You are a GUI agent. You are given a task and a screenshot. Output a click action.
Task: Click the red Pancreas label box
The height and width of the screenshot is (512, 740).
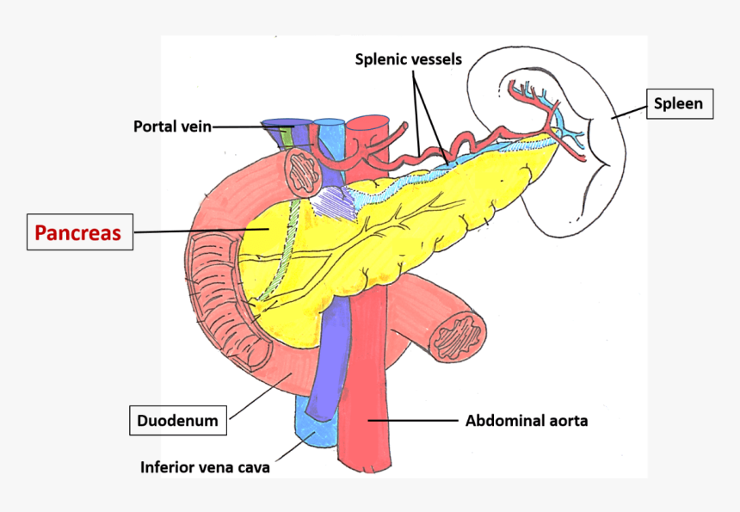click(77, 231)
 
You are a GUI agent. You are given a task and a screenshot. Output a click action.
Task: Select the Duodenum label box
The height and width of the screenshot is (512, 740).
click(178, 422)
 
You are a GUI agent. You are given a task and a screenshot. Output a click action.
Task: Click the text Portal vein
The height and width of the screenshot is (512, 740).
click(171, 126)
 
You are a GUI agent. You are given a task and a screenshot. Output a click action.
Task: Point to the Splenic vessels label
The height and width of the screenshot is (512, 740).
click(409, 59)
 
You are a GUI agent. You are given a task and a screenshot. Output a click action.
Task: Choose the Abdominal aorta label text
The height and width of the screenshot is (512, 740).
click(526, 421)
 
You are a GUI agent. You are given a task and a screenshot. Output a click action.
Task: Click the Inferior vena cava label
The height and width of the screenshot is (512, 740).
click(205, 467)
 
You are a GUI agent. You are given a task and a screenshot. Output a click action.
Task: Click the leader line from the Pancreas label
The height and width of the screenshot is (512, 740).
click(198, 231)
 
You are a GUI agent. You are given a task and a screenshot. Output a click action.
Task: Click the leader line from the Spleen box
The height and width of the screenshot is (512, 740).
click(629, 109)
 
